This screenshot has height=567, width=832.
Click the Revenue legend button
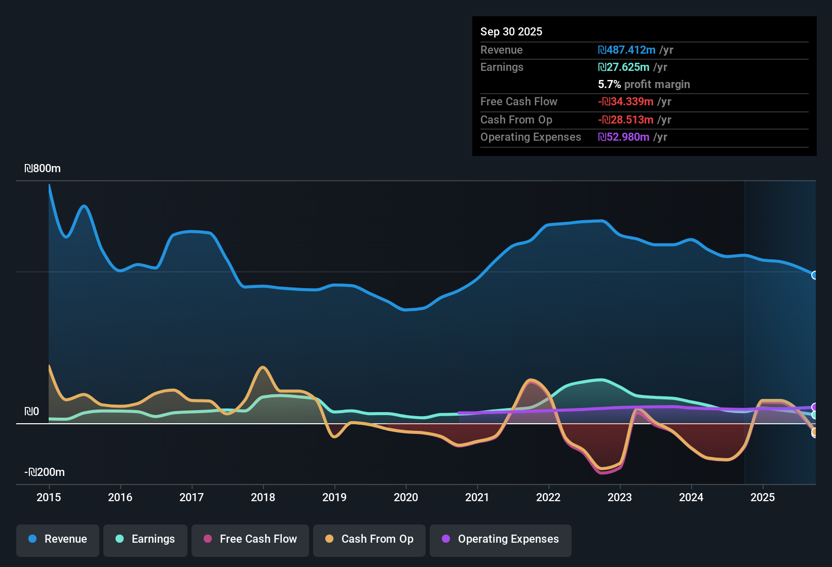tap(58, 539)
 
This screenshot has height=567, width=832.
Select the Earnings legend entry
tap(145, 539)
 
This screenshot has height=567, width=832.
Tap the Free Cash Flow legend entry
tap(250, 539)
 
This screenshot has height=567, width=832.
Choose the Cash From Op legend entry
tap(369, 539)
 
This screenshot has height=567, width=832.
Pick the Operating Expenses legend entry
tap(500, 539)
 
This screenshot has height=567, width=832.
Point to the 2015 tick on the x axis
tap(49, 497)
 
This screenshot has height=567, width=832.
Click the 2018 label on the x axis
tap(263, 497)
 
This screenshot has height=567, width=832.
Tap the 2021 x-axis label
tap(477, 497)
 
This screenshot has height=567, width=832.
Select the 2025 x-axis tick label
tap(763, 497)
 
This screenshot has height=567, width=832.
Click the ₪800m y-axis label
tap(43, 169)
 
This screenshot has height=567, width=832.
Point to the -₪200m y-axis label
tap(45, 472)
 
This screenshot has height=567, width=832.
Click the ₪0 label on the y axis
tap(31, 412)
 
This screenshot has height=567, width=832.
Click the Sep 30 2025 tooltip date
tap(511, 32)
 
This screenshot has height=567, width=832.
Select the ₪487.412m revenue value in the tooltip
tap(627, 50)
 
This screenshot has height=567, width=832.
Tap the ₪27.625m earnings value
tap(624, 67)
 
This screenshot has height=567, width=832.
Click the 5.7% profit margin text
tap(644, 85)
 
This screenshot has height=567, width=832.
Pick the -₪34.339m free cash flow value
tap(626, 102)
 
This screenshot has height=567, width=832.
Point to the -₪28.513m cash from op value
tap(626, 120)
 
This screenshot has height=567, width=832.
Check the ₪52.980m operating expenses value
tap(624, 137)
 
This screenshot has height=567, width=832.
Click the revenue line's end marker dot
tap(814, 275)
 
